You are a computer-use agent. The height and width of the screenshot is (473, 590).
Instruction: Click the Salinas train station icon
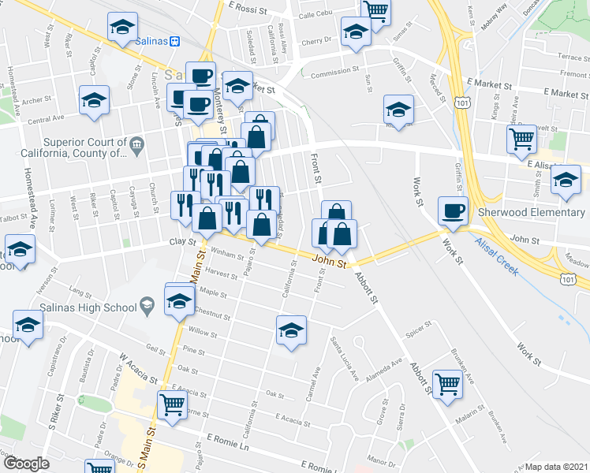click(x=175, y=40)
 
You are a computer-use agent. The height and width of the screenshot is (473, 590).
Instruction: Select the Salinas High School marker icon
click(x=147, y=304)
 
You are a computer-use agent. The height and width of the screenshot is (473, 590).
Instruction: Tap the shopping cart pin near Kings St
click(x=521, y=140)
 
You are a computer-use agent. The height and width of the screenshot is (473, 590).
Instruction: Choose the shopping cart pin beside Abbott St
click(x=447, y=385)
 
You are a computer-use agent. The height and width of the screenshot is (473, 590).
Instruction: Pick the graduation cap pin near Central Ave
click(x=94, y=101)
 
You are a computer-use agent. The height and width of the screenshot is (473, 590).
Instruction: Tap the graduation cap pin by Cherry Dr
click(x=356, y=32)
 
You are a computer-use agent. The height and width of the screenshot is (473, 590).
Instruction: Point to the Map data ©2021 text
click(x=556, y=467)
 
